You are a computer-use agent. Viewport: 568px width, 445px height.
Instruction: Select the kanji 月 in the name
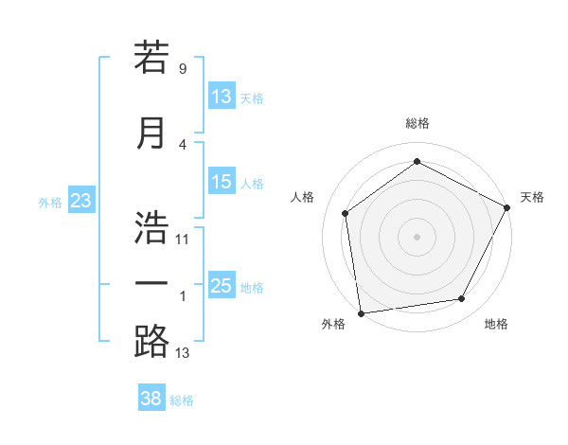pos(151,133)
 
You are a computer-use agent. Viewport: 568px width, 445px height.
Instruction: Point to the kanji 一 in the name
pos(151,283)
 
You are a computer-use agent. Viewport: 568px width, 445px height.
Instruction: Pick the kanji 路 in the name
pos(151,340)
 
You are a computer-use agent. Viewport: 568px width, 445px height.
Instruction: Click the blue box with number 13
pos(222,97)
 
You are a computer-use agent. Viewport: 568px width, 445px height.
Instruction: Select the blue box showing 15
pos(222,182)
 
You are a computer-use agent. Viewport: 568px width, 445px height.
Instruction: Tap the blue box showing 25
pos(222,286)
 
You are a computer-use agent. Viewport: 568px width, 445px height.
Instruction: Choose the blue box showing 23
pos(80,201)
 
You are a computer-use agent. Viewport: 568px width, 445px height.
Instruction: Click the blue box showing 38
pos(151,399)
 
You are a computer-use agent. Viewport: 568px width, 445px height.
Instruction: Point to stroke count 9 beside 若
pos(182,69)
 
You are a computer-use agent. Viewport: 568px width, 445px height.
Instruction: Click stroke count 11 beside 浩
pos(183,239)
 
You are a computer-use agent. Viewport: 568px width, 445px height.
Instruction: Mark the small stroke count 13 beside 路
pos(183,353)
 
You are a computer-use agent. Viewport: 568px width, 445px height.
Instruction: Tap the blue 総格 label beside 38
pos(183,400)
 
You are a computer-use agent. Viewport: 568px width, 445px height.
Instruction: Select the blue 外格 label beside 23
pos(50,202)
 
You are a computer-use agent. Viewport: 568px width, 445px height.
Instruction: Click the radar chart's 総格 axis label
pos(417,123)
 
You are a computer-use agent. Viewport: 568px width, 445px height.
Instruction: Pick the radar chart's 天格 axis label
pos(532,197)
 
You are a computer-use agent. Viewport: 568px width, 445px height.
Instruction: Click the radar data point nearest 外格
pos(361,312)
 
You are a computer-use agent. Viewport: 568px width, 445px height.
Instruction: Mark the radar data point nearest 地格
pos(462,299)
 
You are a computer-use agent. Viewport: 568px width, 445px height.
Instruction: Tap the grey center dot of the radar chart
pos(417,236)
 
